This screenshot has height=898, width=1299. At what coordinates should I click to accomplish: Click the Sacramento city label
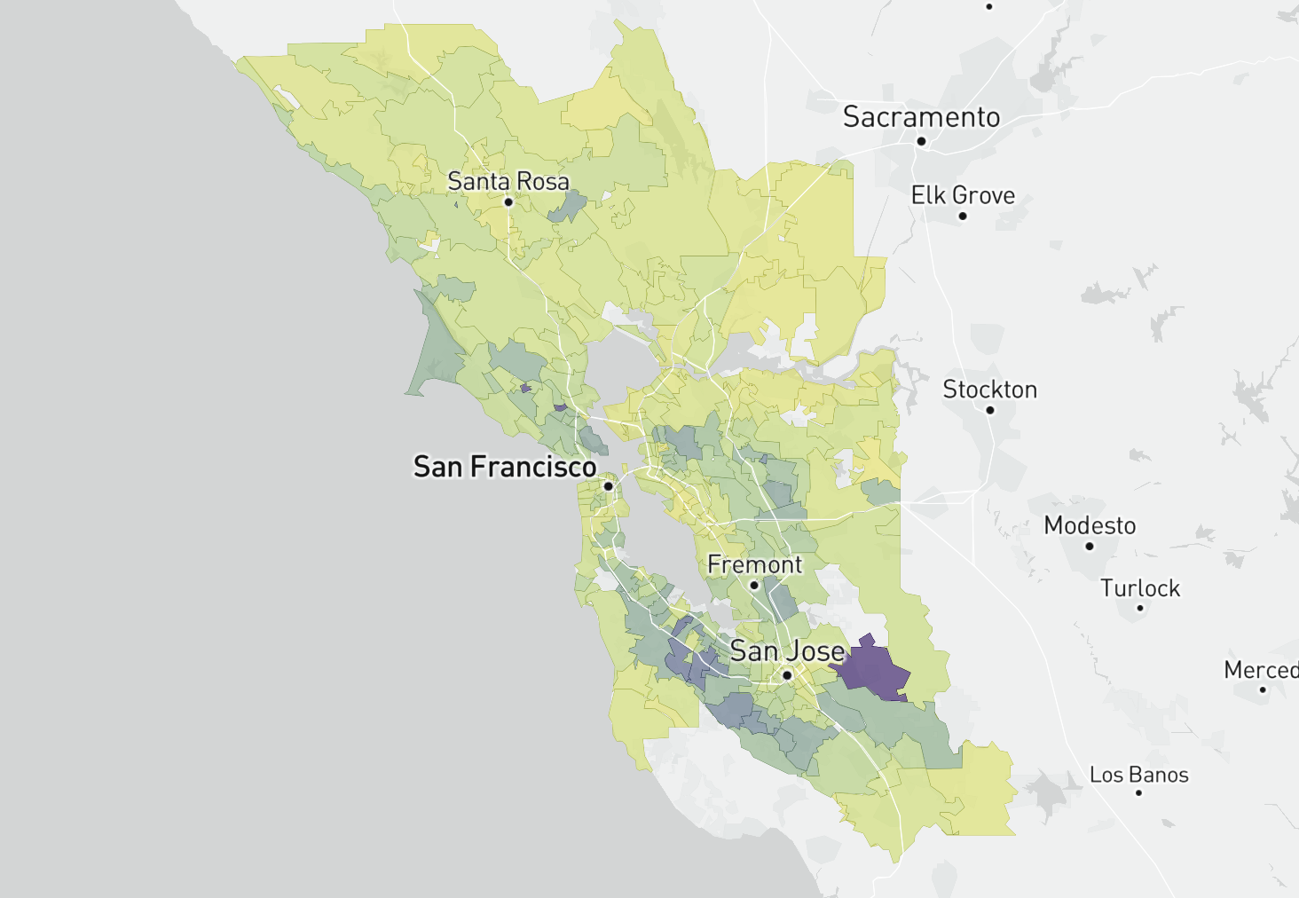coord(921,117)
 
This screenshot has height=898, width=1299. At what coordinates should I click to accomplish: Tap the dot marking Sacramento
coord(921,141)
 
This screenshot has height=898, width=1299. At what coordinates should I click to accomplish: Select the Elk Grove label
coord(963,195)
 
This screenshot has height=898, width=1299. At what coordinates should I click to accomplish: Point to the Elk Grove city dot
coord(963,216)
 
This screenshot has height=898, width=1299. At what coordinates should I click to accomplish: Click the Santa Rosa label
coord(508,181)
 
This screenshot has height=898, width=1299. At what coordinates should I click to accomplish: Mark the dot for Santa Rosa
coord(508,202)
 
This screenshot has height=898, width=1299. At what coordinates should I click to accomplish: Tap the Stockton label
coord(989,390)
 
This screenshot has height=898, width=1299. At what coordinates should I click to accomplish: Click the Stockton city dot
coord(990,410)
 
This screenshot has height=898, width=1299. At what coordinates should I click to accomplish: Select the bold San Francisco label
coord(505,467)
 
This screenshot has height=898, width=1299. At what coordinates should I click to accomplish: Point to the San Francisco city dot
coord(609,486)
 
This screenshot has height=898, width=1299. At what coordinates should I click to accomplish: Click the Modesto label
coord(1090,525)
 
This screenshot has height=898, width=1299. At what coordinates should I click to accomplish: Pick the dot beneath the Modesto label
coord(1090,546)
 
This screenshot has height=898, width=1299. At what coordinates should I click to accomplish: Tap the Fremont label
coord(754,564)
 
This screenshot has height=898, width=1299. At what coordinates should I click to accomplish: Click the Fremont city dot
coord(754,586)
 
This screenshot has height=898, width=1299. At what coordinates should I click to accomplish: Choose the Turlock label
coord(1140,588)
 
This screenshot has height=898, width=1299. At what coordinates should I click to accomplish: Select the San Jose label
coord(787,651)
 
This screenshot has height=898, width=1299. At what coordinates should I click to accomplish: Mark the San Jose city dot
coord(787,675)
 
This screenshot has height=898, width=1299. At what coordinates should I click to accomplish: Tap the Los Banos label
coord(1138,775)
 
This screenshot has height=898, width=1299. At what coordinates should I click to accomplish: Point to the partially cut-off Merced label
coord(1261,670)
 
